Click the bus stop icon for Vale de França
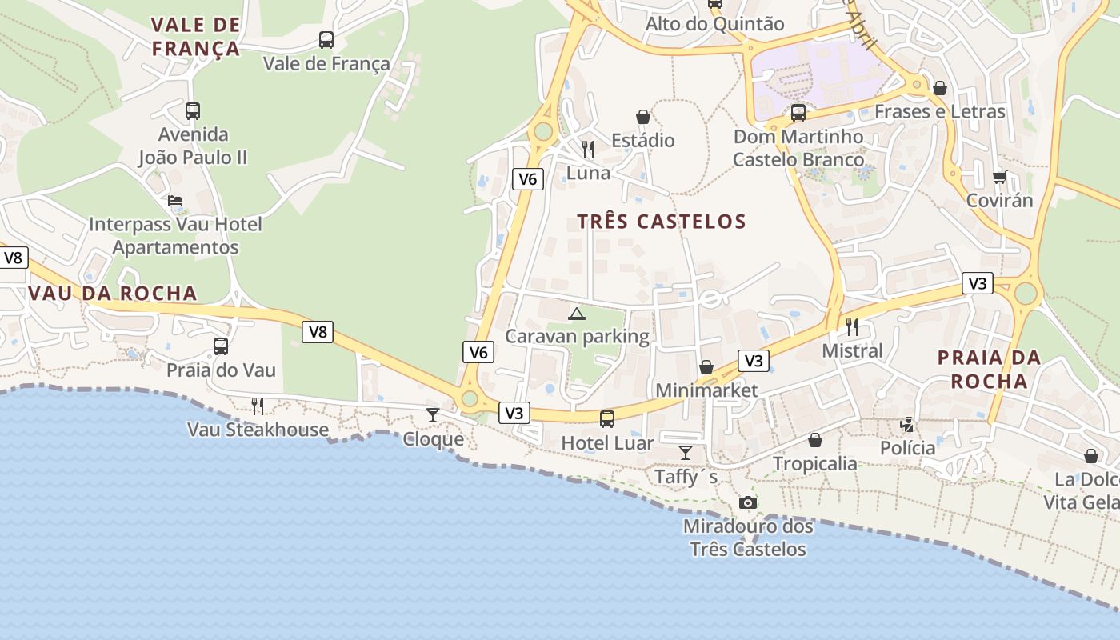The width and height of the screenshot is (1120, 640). [326, 39]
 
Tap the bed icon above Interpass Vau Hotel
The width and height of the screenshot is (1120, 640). [175, 201]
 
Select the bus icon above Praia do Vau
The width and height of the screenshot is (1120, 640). [221, 346]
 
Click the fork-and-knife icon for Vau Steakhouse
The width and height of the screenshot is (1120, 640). [258, 406]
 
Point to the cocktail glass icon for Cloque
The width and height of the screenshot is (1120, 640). [433, 414]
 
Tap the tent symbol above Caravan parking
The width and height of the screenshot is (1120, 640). [576, 313]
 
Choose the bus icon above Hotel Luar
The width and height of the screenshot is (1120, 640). [607, 418]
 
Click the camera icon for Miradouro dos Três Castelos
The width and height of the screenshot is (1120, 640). [748, 502]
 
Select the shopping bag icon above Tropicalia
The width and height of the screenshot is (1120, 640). [815, 440]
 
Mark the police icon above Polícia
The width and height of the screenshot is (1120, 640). [908, 424]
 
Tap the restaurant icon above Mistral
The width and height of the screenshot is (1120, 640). [852, 326]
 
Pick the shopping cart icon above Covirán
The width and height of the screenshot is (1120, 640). [999, 177]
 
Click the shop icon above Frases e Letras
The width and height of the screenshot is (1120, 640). [940, 87]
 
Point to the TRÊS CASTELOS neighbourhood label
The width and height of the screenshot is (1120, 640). [662, 222]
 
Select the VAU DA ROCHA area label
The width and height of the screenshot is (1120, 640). [113, 293]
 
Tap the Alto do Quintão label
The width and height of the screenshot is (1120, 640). [715, 24]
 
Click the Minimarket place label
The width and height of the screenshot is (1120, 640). [706, 390]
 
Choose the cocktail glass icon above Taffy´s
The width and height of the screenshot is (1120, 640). [686, 453]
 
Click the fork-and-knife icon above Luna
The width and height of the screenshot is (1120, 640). [588, 149]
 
